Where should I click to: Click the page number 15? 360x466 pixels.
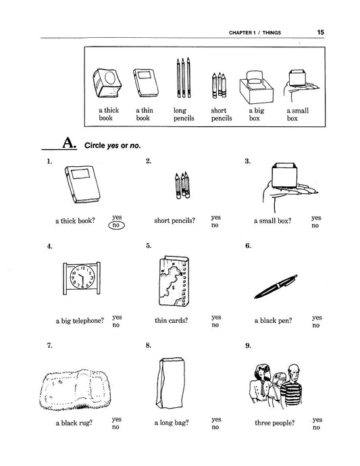[x=320, y=32]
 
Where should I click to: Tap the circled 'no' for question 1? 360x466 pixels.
[x=116, y=225]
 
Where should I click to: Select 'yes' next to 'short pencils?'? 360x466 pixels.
[x=216, y=217]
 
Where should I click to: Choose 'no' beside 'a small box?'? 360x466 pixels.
[x=315, y=226]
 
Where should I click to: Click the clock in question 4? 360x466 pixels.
[x=82, y=278]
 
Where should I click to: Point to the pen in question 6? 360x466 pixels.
[x=276, y=286]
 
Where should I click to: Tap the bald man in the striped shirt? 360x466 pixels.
[x=292, y=385]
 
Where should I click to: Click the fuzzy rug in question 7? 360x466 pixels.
[x=75, y=389]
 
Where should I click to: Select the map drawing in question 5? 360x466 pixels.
[x=174, y=280]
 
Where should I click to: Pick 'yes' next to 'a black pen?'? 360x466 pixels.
[x=317, y=317]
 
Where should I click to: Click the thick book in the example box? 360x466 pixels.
[x=107, y=83]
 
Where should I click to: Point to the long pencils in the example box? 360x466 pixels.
[x=184, y=78]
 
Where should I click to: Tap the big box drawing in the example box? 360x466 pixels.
[x=256, y=86]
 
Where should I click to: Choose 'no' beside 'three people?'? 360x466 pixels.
[x=316, y=428]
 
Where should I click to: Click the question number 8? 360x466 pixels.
[x=149, y=345]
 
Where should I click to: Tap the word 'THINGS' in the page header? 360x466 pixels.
[x=272, y=32]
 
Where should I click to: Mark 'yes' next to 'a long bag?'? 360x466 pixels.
[x=216, y=419]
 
